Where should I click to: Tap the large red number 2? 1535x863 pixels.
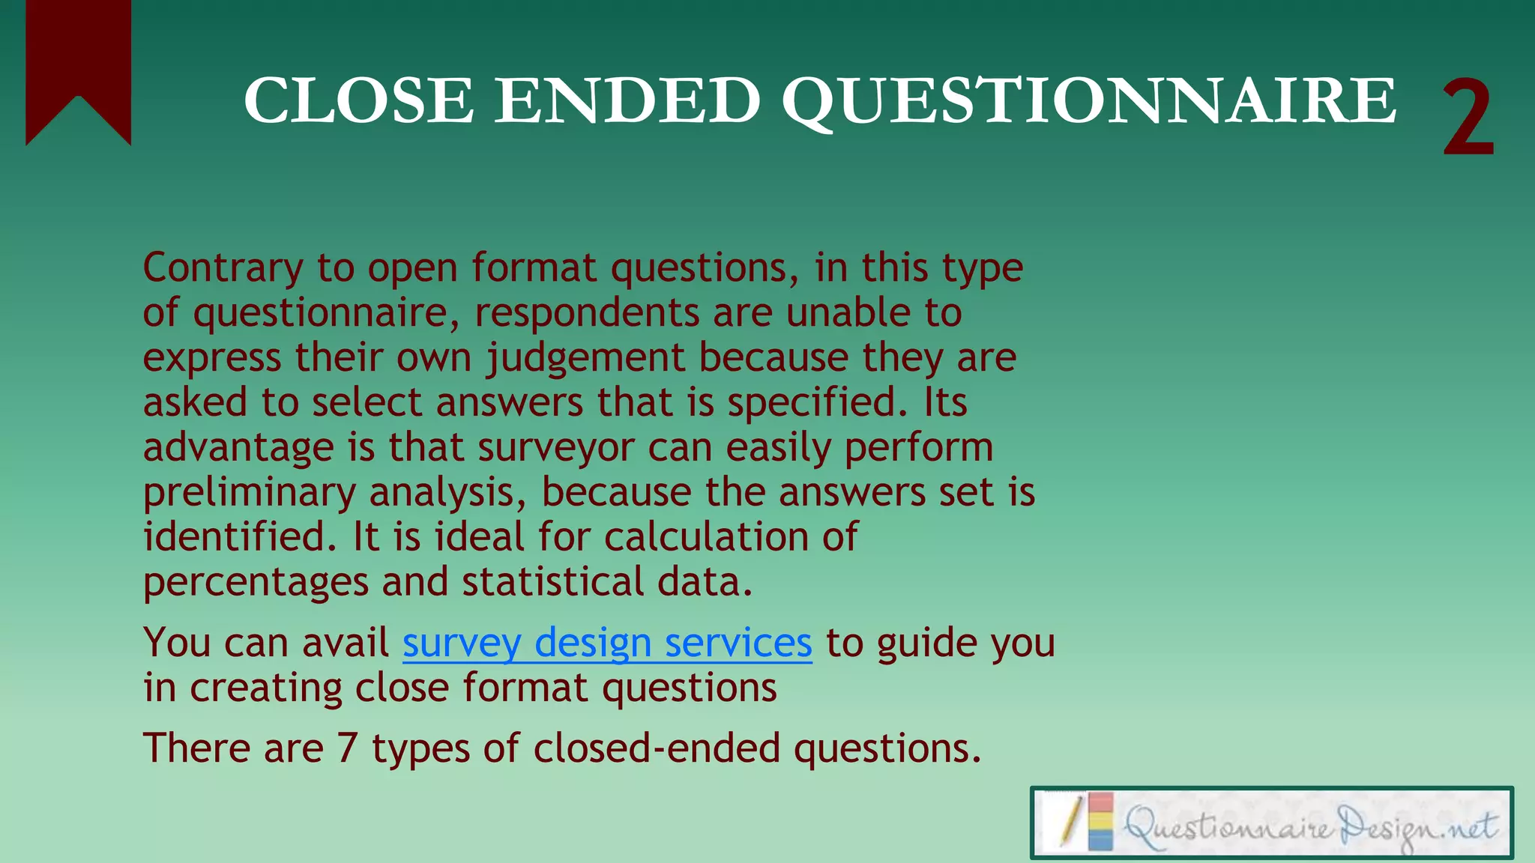click(x=1468, y=118)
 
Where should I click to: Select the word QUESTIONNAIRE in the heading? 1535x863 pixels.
click(x=1088, y=102)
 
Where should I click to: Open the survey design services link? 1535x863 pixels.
click(x=607, y=643)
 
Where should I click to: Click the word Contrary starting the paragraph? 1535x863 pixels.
click(x=223, y=268)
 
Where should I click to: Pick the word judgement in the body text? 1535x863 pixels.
click(x=585, y=358)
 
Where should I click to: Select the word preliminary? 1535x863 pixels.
click(x=250, y=493)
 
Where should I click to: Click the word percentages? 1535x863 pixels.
click(x=256, y=583)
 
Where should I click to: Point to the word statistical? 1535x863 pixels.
click(x=552, y=583)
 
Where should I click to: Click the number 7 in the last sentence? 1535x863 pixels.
click(x=346, y=748)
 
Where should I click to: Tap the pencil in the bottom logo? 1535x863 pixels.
click(x=1071, y=822)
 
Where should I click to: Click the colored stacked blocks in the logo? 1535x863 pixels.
click(x=1100, y=822)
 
